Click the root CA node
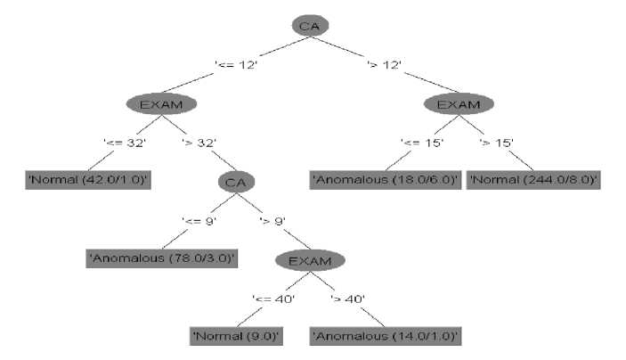[x=309, y=26]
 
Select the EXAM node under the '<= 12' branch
[x=162, y=104]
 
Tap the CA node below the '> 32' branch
[x=235, y=182]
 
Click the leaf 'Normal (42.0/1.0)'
[x=87, y=181]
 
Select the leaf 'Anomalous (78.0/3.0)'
[x=162, y=258]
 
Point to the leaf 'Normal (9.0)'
[x=237, y=337]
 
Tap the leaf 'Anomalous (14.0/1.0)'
[x=386, y=337]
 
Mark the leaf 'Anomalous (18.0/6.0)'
[x=386, y=181]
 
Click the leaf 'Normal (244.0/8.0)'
[x=533, y=181]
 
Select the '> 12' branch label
[x=386, y=64]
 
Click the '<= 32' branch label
[x=125, y=143]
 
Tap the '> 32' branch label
[x=200, y=143]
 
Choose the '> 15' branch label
[x=497, y=143]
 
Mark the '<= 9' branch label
[x=199, y=220]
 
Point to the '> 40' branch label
[x=349, y=299]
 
